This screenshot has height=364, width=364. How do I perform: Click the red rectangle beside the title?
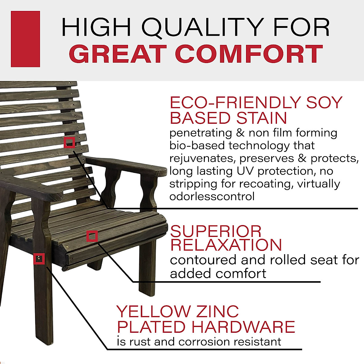coord(25,39)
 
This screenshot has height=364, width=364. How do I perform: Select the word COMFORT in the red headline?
coord(249,54)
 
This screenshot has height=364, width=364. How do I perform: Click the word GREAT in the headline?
coord(119,54)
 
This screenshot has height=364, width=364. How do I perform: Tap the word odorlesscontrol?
coord(212,197)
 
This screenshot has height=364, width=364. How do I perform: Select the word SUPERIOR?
coord(215,232)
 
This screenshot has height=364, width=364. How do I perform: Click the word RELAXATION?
coord(226,245)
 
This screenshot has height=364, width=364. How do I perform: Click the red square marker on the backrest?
coord(69,142)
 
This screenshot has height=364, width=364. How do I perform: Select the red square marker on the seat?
coord(92,236)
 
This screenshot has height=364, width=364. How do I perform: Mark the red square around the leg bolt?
coord(39,259)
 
